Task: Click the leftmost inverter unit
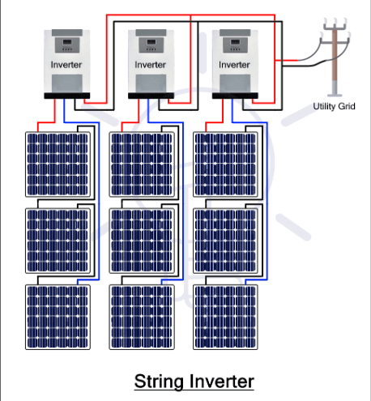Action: [x=65, y=62]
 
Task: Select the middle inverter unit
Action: [x=150, y=62]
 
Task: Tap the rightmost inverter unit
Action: [x=234, y=62]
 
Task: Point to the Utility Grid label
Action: [x=334, y=106]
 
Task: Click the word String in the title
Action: [x=160, y=380]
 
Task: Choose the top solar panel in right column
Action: [x=226, y=162]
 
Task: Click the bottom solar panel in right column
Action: [x=226, y=316]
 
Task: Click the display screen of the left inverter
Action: [x=65, y=41]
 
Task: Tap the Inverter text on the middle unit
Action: [x=150, y=64]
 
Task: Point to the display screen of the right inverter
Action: [x=234, y=41]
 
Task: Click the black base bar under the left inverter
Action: [x=65, y=96]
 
